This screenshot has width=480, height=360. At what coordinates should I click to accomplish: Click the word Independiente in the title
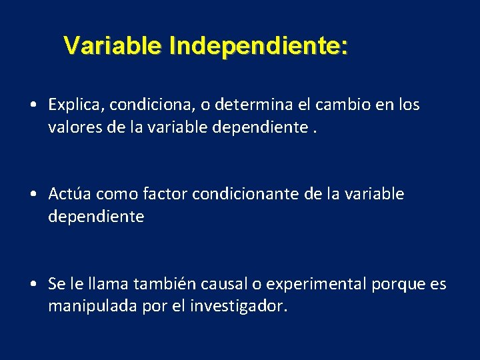click(258, 47)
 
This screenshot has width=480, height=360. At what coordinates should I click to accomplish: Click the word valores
click(72, 127)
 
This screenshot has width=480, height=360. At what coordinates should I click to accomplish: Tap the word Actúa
click(70, 194)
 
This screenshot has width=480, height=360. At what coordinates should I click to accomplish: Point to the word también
click(161, 285)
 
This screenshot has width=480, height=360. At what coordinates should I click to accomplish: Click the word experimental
click(313, 285)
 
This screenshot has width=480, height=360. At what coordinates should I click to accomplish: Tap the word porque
click(396, 285)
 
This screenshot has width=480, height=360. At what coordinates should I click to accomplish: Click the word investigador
click(239, 307)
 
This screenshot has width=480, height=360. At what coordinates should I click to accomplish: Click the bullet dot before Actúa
click(33, 195)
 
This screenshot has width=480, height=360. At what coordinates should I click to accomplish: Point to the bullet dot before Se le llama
click(33, 285)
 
